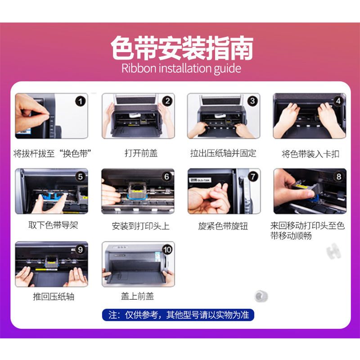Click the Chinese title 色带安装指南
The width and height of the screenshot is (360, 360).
click(x=182, y=48)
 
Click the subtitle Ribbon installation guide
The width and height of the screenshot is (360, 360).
click(x=181, y=68)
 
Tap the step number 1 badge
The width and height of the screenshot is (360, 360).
click(x=81, y=101)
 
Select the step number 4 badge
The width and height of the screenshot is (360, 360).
click(x=338, y=101)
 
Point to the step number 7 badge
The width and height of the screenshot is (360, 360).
click(x=253, y=176)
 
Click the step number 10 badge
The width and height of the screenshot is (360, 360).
click(x=167, y=250)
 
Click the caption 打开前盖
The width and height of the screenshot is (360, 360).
click(x=141, y=153)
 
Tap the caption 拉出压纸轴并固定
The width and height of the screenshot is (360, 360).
click(x=223, y=153)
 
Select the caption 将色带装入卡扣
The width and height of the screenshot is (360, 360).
click(x=310, y=154)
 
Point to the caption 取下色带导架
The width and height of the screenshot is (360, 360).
click(x=53, y=225)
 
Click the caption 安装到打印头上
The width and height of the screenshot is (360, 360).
click(x=140, y=226)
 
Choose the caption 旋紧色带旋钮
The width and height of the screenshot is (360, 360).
click(x=223, y=226)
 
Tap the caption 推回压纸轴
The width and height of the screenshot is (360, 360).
click(x=54, y=297)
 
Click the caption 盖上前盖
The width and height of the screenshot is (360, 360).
click(x=137, y=296)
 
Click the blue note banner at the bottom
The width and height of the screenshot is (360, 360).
click(x=178, y=315)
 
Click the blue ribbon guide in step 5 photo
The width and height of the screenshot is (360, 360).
click(x=51, y=198)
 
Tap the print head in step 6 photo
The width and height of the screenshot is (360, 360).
click(x=137, y=190)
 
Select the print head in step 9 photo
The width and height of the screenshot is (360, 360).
click(x=52, y=262)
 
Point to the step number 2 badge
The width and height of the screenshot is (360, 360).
click(x=167, y=101)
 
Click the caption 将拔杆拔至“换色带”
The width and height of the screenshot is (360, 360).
click(x=52, y=153)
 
